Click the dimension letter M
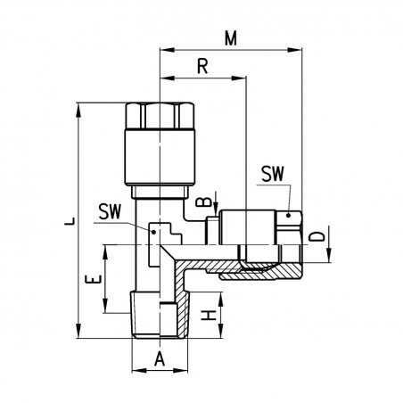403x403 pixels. click(x=231, y=38)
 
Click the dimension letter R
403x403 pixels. click(x=202, y=66)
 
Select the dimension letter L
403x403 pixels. click(x=70, y=221)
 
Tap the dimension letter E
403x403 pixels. click(x=94, y=279)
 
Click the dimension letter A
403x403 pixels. click(x=160, y=358)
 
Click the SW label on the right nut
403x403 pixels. click(x=273, y=174)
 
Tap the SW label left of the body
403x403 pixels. click(x=110, y=211)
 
